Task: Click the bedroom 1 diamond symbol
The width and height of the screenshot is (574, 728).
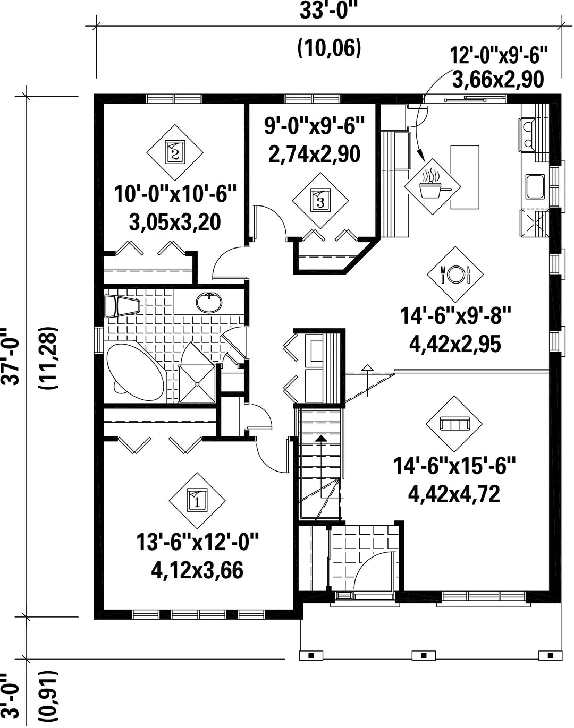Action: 197,501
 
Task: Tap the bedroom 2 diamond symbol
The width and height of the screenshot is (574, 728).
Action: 175,152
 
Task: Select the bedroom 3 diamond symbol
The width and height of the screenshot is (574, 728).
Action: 320,201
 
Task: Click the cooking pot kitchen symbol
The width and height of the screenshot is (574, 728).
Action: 433,187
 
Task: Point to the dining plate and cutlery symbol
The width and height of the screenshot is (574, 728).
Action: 455,275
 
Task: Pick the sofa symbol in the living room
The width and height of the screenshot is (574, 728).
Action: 454,424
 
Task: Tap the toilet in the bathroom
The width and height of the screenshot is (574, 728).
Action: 122,306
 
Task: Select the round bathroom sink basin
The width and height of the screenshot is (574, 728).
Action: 209,302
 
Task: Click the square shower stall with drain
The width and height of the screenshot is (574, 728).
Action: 197,384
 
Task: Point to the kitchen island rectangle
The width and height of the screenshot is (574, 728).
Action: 465,177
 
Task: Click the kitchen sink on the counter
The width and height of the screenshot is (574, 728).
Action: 535,187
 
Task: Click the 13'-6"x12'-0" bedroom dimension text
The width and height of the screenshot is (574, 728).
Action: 197,542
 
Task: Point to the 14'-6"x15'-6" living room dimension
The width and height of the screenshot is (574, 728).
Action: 454,466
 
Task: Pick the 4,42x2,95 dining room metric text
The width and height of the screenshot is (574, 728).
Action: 455,345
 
